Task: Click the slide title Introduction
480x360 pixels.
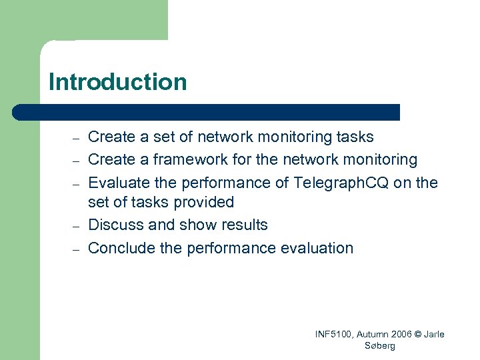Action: [x=117, y=83]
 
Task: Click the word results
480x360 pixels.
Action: [x=243, y=225]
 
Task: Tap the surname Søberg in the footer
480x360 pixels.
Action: [x=381, y=346]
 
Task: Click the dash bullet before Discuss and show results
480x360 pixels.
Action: [x=77, y=226]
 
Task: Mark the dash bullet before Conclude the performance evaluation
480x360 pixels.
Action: [x=77, y=249]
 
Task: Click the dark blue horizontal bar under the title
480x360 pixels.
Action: [x=207, y=112]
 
